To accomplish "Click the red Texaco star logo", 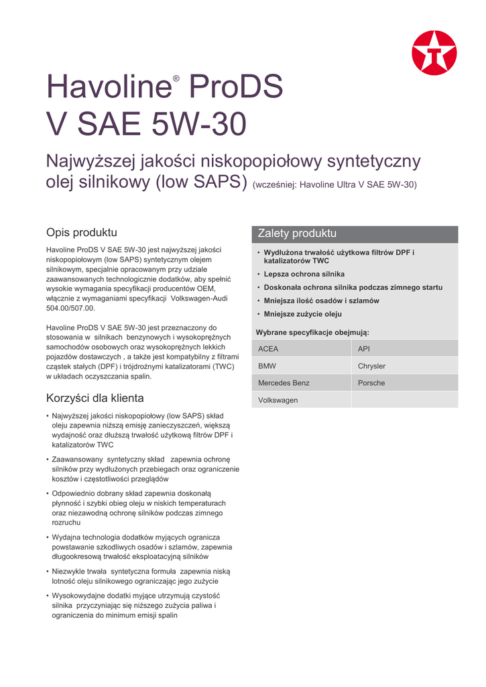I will click(x=434, y=53).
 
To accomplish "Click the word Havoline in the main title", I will click(x=107, y=88).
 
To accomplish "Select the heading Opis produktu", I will click(x=81, y=233).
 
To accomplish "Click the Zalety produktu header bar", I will click(x=355, y=233).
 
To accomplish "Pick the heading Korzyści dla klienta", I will click(x=95, y=398).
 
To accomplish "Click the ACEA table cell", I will click(x=302, y=349).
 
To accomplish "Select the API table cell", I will click(x=405, y=349).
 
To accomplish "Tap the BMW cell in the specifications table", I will click(x=302, y=366).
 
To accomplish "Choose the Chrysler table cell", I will click(x=405, y=366).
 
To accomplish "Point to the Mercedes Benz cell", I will click(x=302, y=383).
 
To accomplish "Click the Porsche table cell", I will click(x=405, y=383).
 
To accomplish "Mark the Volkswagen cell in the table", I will click(x=302, y=401).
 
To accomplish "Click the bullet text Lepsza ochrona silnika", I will click(x=304, y=274).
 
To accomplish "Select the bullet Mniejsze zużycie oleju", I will click(x=302, y=314).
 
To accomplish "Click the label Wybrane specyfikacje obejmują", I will click(x=312, y=332).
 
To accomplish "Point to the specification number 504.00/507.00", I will click(x=70, y=308).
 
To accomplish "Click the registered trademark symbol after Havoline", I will click(x=176, y=79).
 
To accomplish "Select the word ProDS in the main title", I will click(x=236, y=88).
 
